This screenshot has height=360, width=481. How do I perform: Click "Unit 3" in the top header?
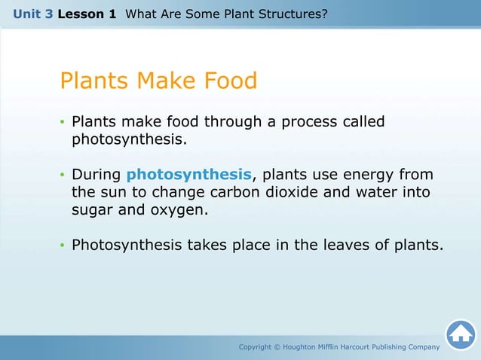[32, 14]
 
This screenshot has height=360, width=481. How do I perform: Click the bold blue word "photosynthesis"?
[188, 175]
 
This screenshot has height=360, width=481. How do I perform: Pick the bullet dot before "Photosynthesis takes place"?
[63, 246]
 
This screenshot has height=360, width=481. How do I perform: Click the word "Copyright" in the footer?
[257, 346]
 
